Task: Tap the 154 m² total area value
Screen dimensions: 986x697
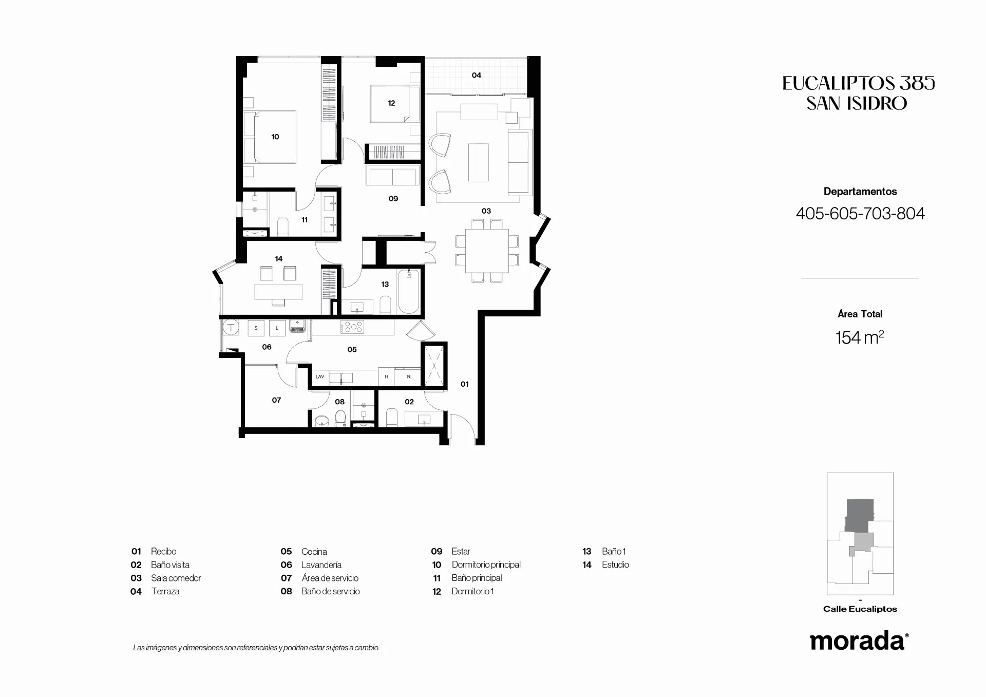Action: point(860,337)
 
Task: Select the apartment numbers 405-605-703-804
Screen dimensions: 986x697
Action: point(860,214)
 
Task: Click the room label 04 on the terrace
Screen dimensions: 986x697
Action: point(477,75)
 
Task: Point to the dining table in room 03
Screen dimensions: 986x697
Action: point(487,251)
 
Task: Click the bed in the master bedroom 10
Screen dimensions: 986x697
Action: point(270,137)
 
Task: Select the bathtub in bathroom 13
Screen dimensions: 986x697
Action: point(409,291)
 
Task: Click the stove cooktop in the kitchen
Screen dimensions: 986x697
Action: point(353,327)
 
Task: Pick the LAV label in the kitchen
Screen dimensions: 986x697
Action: point(320,376)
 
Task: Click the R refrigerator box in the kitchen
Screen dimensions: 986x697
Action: point(409,376)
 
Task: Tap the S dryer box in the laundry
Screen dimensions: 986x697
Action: point(256,328)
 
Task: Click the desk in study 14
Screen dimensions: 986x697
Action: point(278,292)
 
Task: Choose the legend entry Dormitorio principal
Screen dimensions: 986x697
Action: point(486,564)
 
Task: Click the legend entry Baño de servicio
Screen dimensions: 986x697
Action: point(330,591)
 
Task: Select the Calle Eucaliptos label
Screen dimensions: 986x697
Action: point(860,609)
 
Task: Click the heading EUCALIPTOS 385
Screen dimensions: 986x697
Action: point(859,83)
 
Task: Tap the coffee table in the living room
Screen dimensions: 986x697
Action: point(479,162)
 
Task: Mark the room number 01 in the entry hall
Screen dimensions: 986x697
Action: point(464,384)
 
